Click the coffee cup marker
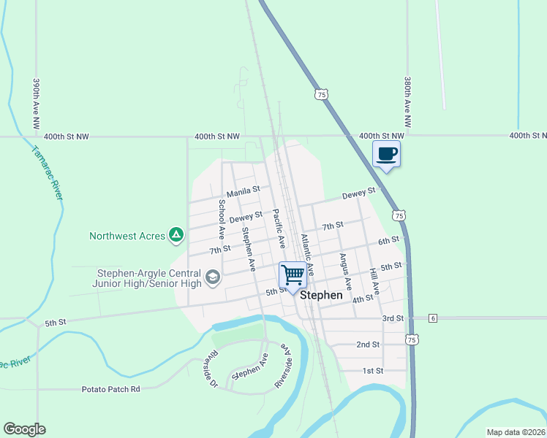tap(387, 154)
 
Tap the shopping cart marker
tap(293, 275)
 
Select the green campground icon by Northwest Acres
tap(176, 235)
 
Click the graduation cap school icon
tap(212, 277)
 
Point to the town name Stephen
tap(321, 296)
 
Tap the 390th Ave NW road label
tap(35, 104)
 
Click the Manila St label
tap(243, 192)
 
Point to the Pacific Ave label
tap(278, 228)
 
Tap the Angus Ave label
tap(344, 272)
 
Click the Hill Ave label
tap(374, 281)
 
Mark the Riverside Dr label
tap(212, 369)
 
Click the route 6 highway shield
tap(433, 318)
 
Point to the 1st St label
tap(373, 371)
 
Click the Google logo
tap(24, 429)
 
